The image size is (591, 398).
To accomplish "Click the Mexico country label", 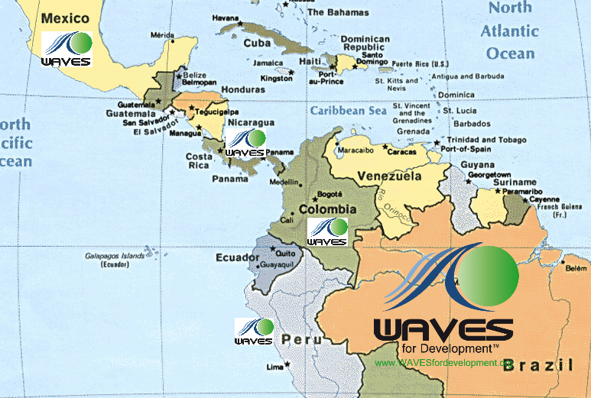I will (x=65, y=17).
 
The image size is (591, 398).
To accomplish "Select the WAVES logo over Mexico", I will (x=67, y=50).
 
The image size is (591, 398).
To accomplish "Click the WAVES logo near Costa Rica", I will (x=245, y=143).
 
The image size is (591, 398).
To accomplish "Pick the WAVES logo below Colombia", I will (x=327, y=231).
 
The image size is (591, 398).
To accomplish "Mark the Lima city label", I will (x=274, y=367).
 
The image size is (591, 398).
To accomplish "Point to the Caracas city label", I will (x=400, y=152).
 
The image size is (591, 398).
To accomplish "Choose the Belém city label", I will (x=575, y=269).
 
